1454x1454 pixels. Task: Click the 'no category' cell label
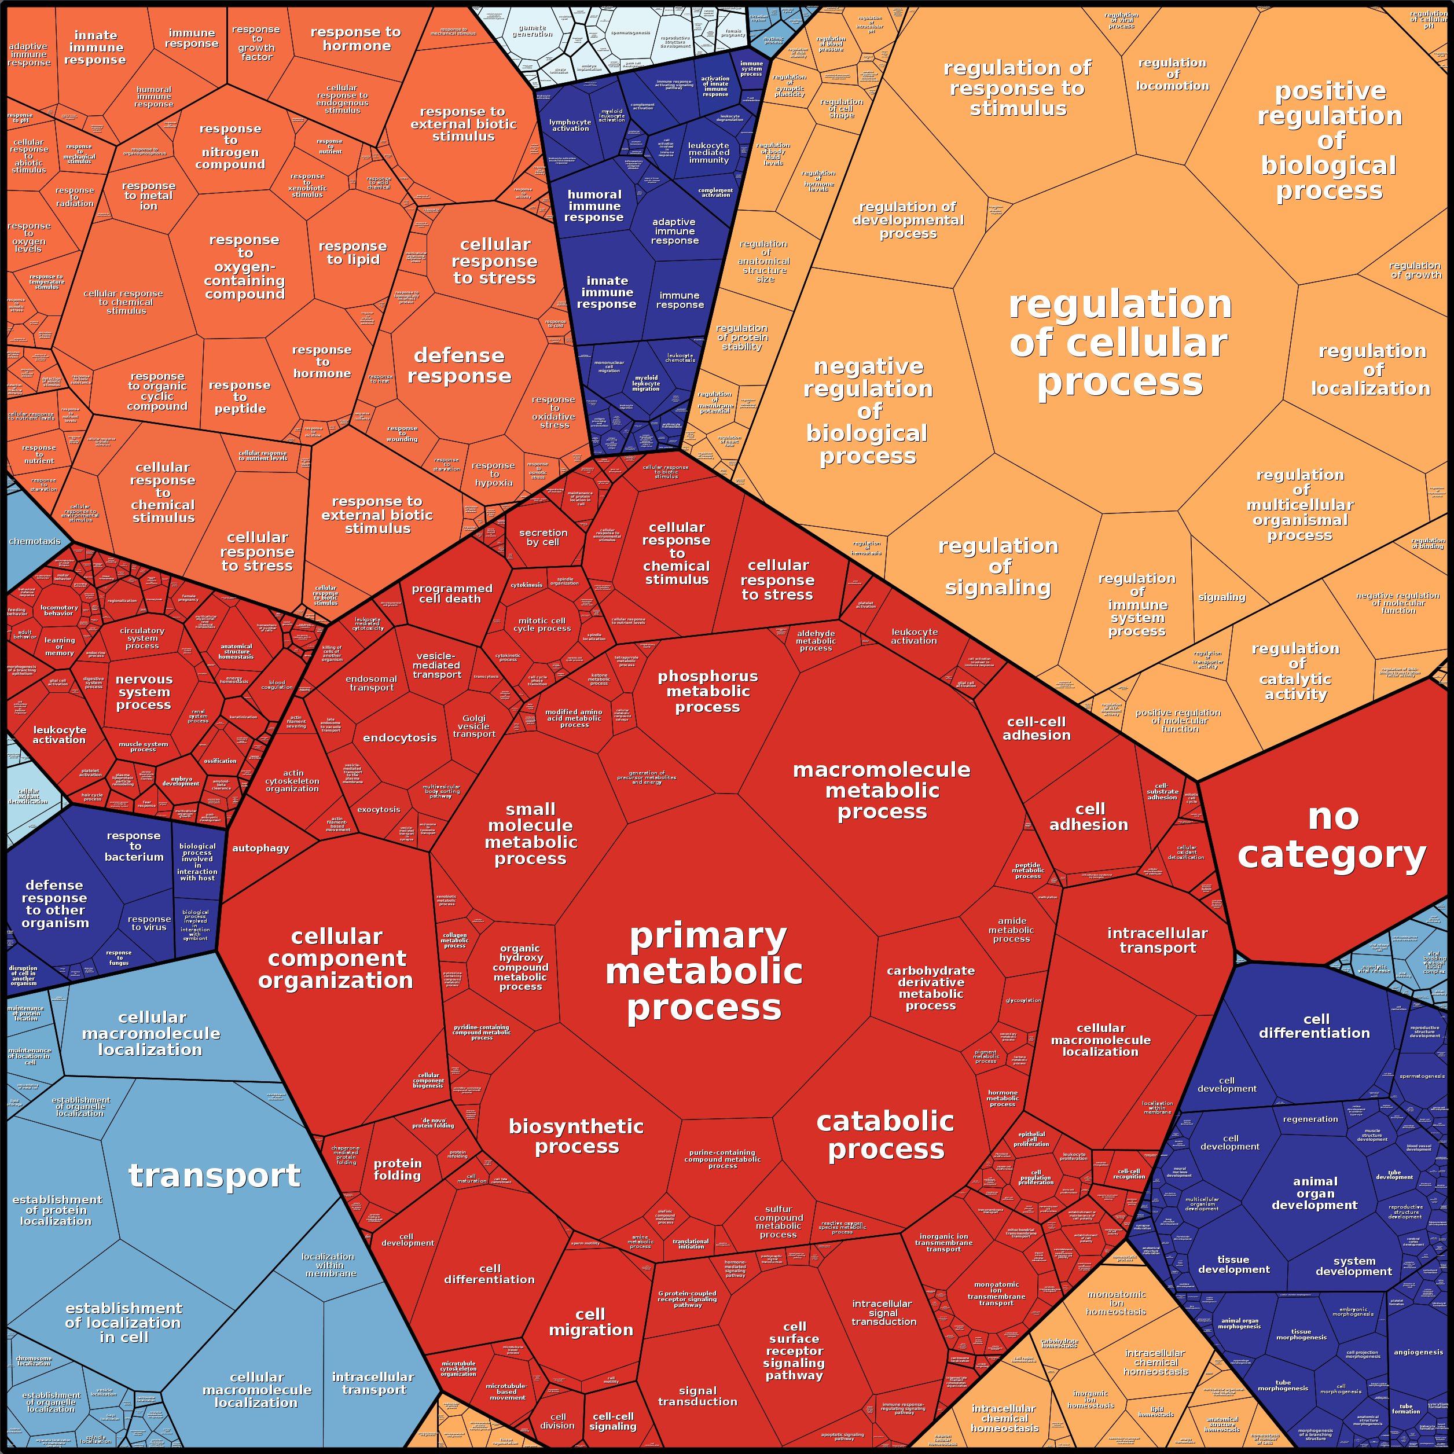[x=1331, y=835]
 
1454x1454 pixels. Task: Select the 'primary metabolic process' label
[x=705, y=972]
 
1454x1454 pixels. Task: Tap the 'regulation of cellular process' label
[x=1120, y=343]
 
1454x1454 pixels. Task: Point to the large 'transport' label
[x=215, y=1176]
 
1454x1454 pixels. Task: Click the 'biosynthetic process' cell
[x=577, y=1136]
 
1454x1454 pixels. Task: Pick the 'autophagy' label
[x=260, y=848]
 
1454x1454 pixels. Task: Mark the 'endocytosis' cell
[x=399, y=737]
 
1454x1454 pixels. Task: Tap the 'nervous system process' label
[x=144, y=692]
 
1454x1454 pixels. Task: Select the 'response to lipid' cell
[x=352, y=253]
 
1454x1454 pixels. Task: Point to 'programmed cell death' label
[x=451, y=594]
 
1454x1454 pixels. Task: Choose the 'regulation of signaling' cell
[x=998, y=566]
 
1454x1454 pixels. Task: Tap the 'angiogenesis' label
[x=1418, y=1352]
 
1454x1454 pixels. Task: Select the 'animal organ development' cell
[x=1315, y=1193]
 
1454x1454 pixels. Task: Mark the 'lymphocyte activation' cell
[x=570, y=125]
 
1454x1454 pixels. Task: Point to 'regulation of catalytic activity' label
[x=1295, y=671]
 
